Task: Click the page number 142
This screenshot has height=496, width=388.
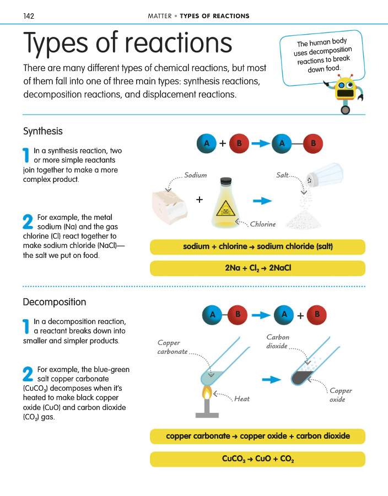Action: pyautogui.click(x=29, y=16)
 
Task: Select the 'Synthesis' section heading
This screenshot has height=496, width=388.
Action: pyautogui.click(x=43, y=131)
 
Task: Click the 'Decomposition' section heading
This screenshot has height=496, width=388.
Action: pyautogui.click(x=55, y=302)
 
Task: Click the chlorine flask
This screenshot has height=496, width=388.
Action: pyautogui.click(x=225, y=204)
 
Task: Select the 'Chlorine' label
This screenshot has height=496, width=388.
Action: pyautogui.click(x=262, y=224)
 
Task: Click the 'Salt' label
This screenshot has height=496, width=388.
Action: pyautogui.click(x=282, y=175)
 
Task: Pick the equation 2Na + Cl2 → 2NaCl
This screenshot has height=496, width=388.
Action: pyautogui.click(x=257, y=268)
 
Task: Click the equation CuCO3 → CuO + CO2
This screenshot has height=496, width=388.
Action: pyautogui.click(x=257, y=459)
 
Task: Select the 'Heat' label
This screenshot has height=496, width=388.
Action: pyautogui.click(x=242, y=398)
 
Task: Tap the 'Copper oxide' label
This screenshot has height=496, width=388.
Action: pyautogui.click(x=341, y=395)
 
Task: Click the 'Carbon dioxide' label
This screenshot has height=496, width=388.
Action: pyautogui.click(x=277, y=342)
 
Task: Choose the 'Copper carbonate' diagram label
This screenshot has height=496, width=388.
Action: pyautogui.click(x=173, y=347)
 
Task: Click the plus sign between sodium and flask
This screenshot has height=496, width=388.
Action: pyautogui.click(x=199, y=200)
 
